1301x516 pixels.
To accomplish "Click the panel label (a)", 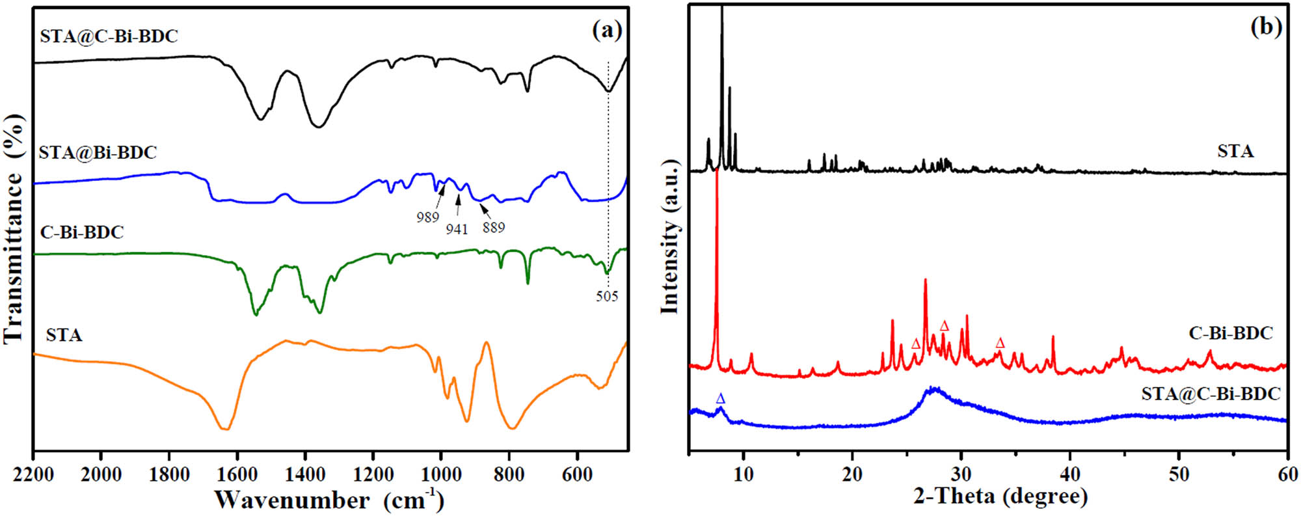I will tap(606, 30).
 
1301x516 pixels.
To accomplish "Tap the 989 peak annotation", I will tap(427, 217).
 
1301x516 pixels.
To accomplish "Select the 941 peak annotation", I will tap(457, 229).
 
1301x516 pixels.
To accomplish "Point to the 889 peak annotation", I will tap(493, 227).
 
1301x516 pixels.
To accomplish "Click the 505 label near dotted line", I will tap(606, 297).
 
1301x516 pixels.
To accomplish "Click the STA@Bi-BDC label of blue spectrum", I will tap(98, 152).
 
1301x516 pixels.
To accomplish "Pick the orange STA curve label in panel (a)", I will tap(64, 335).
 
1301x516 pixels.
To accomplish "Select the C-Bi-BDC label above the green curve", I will tap(82, 232).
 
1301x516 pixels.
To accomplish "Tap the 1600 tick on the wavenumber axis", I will tap(237, 474).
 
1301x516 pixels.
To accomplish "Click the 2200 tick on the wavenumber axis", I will tap(33, 474).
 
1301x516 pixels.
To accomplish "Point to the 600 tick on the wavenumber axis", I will tap(576, 474).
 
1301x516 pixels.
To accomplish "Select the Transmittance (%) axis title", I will tap(14, 228).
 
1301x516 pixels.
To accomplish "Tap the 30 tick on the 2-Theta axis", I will tap(961, 474).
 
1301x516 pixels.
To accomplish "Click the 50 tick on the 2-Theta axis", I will tap(1179, 474).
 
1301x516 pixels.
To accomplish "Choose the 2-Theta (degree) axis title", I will tap(1000, 496).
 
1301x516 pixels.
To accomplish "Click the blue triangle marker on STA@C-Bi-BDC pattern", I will tap(720, 398).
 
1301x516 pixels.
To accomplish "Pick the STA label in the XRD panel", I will tap(1235, 152).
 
